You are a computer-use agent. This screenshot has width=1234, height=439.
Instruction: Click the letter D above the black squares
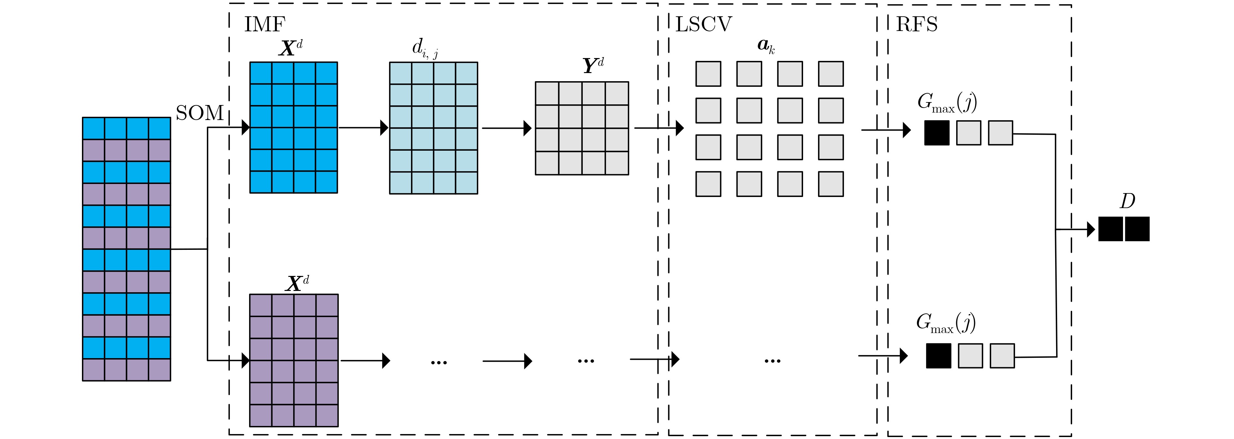point(1127,201)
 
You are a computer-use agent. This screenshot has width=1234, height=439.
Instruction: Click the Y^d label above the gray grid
point(593,65)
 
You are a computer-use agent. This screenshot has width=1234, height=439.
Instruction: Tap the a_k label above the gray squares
point(766,45)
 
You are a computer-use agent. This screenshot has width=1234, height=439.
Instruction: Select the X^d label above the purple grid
point(297,283)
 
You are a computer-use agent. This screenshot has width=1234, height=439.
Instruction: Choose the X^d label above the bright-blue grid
point(290,48)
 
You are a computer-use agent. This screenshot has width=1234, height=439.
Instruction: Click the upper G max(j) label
point(947,102)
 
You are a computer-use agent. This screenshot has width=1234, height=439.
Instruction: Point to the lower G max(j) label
point(946,323)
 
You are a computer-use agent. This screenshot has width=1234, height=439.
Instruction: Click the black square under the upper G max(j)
point(937,133)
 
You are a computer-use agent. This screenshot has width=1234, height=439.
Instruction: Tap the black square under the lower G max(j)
point(939,356)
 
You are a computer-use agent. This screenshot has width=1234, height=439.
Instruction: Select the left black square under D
point(1110,229)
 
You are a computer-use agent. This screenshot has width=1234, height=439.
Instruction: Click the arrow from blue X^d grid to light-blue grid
point(363,128)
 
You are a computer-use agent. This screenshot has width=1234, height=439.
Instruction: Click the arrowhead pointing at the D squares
point(1091,229)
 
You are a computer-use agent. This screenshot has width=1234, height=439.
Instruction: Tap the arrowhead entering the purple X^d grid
point(246,360)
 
